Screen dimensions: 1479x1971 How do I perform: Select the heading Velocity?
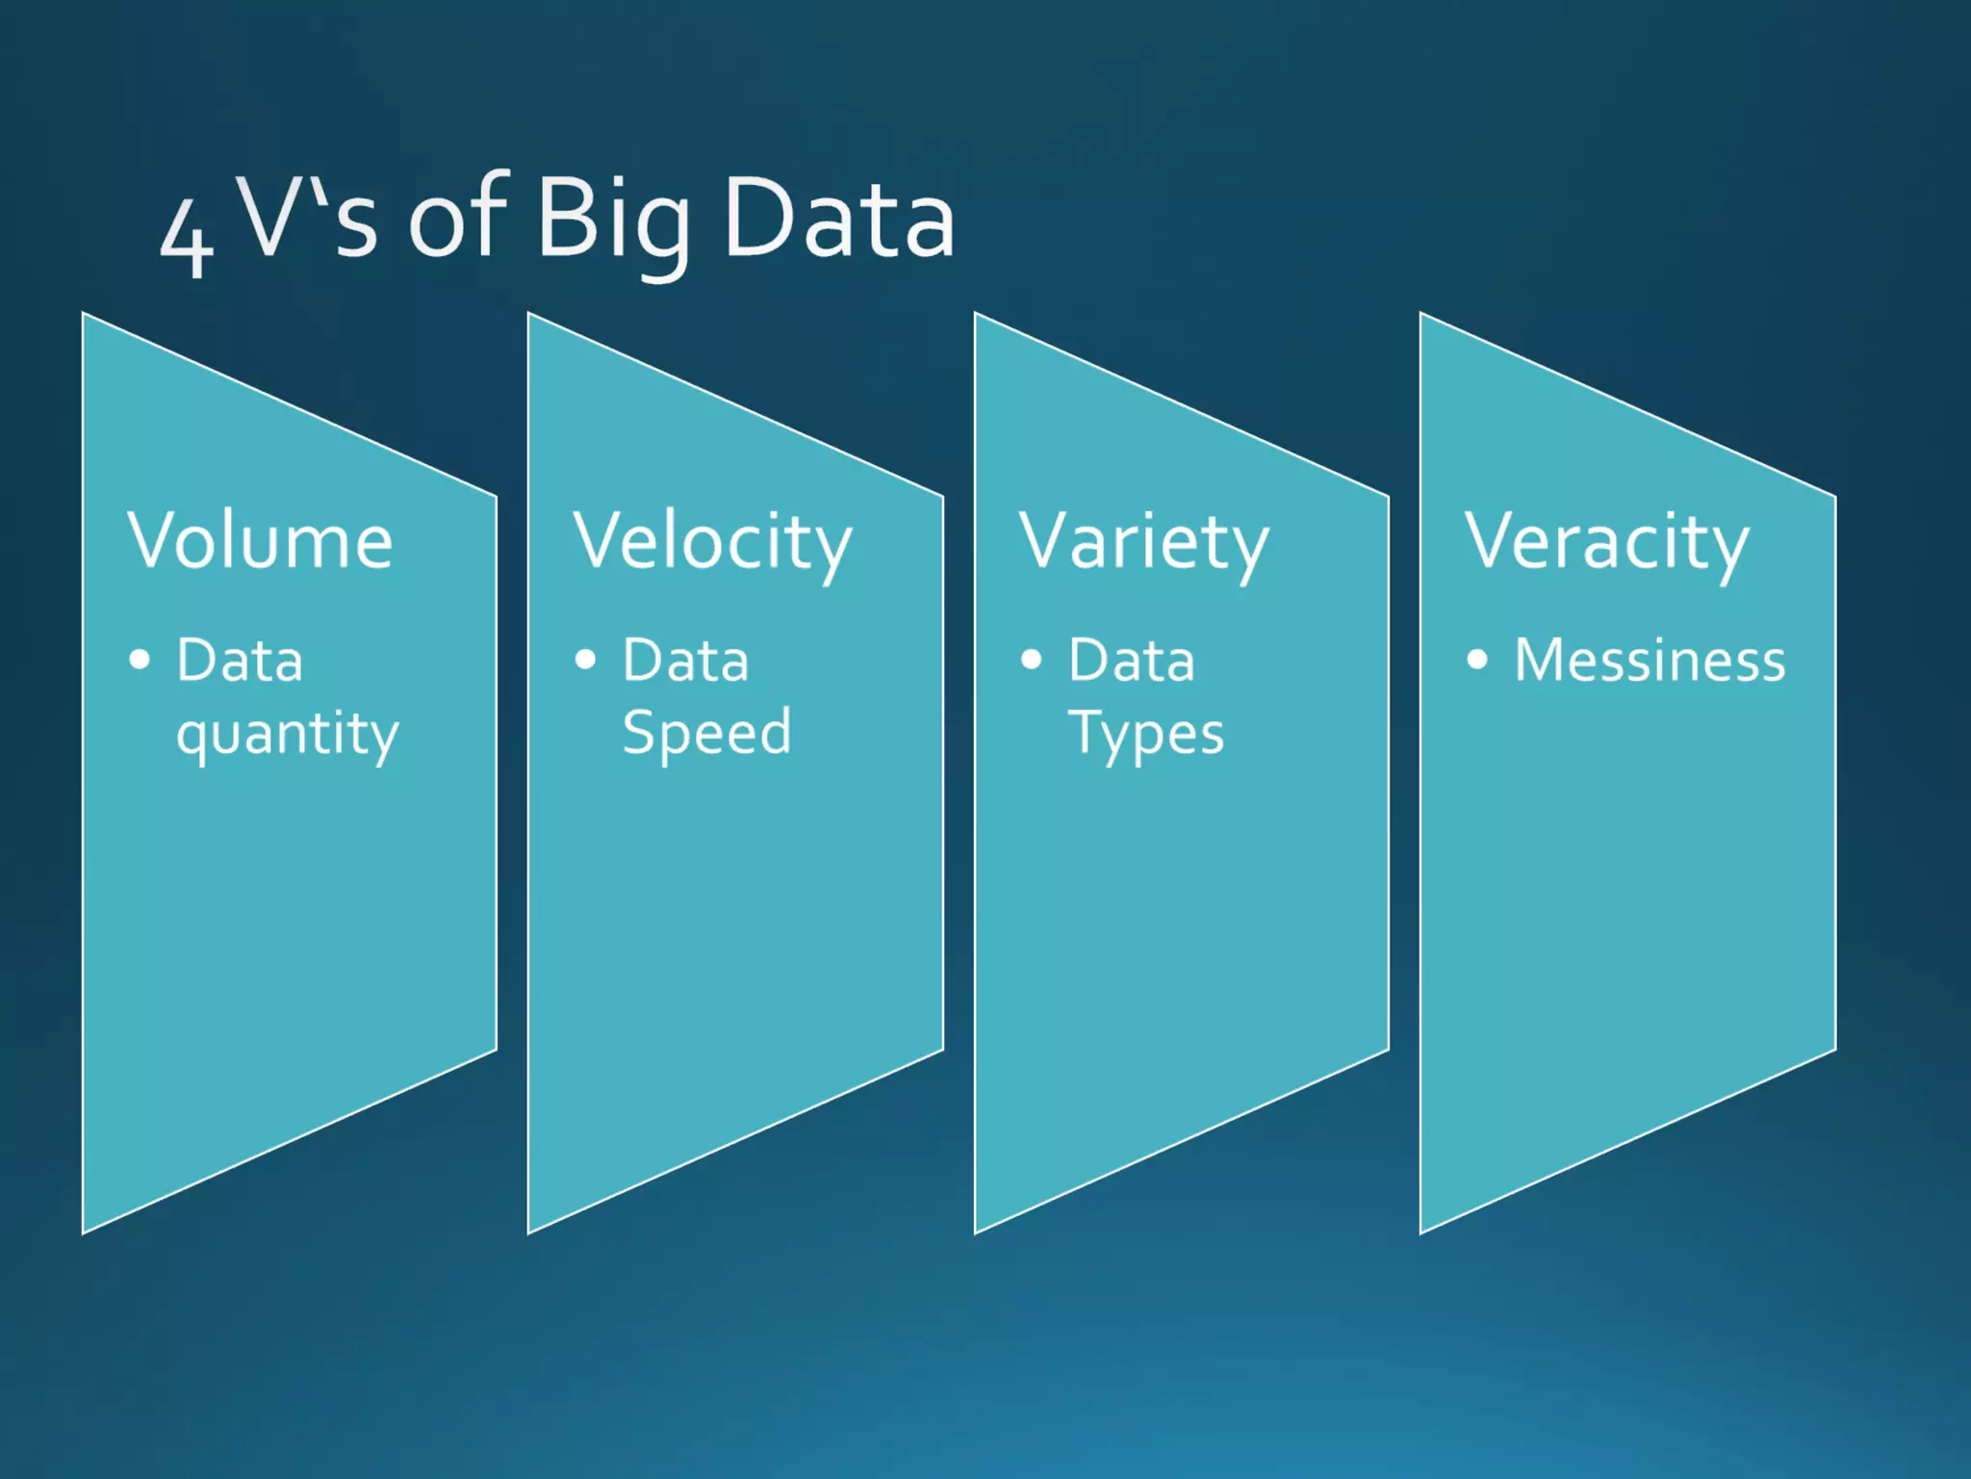pos(712,542)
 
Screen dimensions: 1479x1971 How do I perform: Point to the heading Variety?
pos(1144,542)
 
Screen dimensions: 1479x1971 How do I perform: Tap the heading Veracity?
pos(1606,542)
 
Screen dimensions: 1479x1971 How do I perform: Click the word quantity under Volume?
pos(287,735)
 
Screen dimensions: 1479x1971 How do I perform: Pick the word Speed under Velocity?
pos(707,733)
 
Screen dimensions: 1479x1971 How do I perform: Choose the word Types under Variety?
pos(1146,735)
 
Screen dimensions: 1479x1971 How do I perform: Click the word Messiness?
pos(1650,661)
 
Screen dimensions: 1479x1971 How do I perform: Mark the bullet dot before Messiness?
pos(1477,660)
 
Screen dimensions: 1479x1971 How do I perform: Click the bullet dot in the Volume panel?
pos(141,660)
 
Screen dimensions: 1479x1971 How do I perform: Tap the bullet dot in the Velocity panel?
pos(585,660)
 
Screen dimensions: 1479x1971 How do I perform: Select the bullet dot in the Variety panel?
pos(1032,660)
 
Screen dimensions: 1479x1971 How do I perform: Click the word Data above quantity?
pos(240,661)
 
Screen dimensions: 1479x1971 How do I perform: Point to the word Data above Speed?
pos(685,661)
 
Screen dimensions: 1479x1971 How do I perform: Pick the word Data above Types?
pos(1132,661)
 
